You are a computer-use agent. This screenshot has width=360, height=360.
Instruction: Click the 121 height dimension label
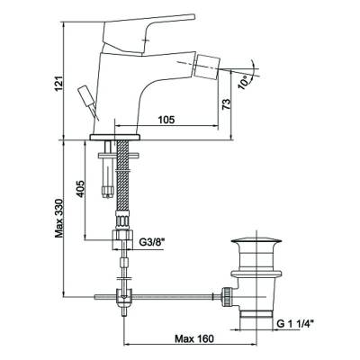pos(59,83)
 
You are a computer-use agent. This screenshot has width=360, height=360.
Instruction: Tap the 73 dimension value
pos(227,103)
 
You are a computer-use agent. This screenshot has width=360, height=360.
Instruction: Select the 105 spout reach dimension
pos(166,120)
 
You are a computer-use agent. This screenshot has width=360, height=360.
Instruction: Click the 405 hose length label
pos(80,189)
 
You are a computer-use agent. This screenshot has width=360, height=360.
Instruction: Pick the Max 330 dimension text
pos(59,218)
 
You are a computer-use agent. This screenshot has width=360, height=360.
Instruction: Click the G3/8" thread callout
pos(153,241)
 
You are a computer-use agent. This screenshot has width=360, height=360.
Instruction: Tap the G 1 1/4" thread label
pos(295,324)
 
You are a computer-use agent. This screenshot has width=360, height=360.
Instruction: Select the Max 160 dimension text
pos(194,338)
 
